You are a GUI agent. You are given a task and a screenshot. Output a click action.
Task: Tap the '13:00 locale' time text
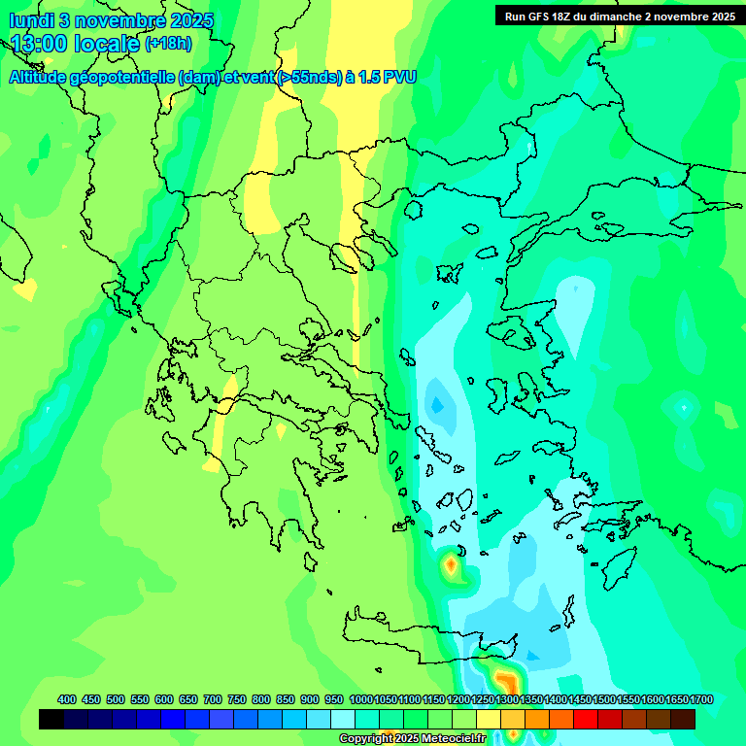pos(76,44)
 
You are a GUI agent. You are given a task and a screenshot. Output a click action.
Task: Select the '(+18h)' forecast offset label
pos(168,44)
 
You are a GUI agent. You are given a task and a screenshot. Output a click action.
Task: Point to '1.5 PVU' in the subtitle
pos(387,77)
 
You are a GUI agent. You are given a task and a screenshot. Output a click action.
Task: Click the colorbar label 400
pos(67,699)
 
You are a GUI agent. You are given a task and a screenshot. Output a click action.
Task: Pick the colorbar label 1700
pos(701,699)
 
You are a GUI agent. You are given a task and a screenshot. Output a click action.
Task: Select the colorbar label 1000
pos(360,699)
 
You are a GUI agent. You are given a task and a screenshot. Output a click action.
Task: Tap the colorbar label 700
pos(213,699)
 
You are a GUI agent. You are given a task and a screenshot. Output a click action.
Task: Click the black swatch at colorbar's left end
pos(51,720)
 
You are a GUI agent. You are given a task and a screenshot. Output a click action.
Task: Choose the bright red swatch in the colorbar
pos(586,720)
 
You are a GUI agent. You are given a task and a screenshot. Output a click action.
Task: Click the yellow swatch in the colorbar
pos(489,720)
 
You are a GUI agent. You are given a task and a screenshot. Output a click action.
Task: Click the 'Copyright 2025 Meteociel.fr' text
pos(412,739)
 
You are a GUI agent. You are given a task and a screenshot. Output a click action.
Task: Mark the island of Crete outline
pos(427,631)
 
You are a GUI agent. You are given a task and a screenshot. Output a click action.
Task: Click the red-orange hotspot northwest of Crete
pos(452,564)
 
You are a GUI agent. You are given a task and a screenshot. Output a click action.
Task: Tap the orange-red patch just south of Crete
pos(503,679)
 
